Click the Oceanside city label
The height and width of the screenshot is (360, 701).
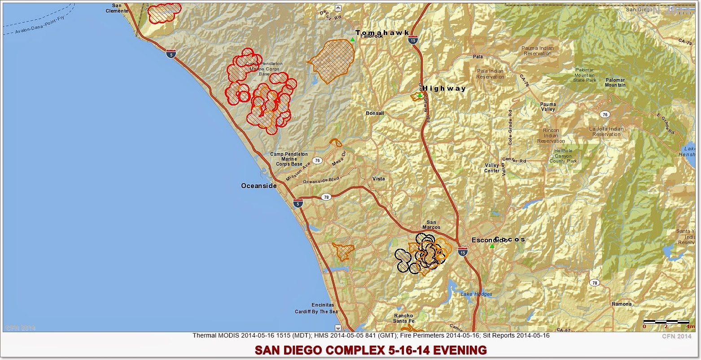coord(259,186)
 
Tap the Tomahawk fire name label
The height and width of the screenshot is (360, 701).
coord(382,33)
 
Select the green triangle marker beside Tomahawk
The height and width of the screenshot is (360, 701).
coord(353,40)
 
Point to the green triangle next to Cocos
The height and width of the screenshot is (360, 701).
coord(492,246)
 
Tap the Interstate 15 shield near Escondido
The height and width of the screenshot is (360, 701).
coord(463,253)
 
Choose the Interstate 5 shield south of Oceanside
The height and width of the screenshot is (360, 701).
coord(298,204)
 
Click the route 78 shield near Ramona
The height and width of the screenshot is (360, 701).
coord(594,283)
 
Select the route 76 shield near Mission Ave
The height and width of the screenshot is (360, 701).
coord(317,160)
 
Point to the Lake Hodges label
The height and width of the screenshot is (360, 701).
coord(476,294)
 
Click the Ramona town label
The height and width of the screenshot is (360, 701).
coord(622,304)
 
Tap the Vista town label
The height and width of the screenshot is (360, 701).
coord(378,179)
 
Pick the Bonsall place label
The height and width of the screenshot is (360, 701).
coord(375,114)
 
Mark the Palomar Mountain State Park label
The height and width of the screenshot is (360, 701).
coord(584,75)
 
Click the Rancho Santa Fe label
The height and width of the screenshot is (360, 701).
coord(403,318)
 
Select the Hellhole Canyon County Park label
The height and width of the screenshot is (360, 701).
coord(563,156)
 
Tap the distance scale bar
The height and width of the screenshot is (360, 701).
coord(666,322)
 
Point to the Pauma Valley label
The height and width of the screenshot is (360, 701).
coord(548,107)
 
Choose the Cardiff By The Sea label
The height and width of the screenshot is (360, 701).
coord(316,312)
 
